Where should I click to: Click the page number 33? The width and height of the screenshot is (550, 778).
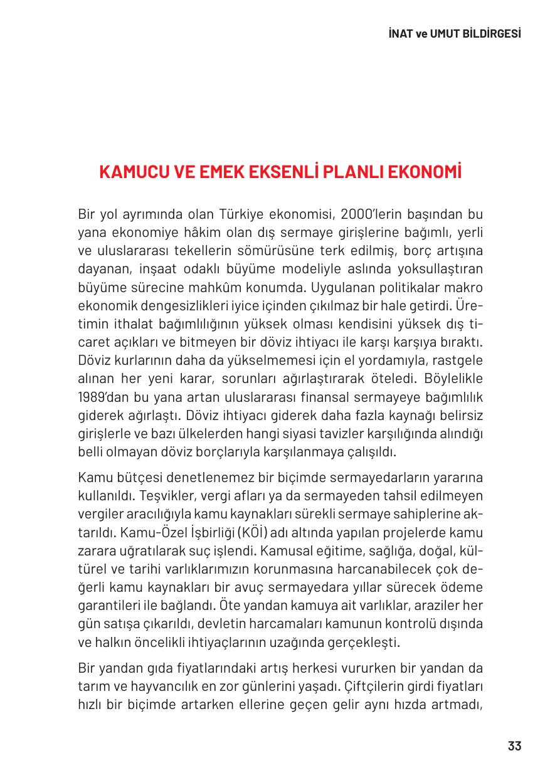[514, 746]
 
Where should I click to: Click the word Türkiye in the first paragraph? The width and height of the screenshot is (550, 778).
[241, 214]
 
